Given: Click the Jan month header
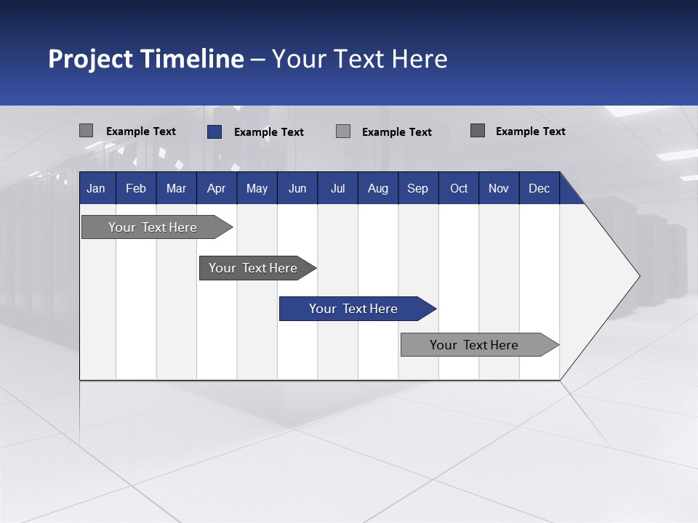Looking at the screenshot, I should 97,188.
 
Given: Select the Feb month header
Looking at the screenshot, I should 136,188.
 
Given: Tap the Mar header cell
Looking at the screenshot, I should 176,188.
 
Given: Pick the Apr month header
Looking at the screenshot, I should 217,188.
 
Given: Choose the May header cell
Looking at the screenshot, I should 257,188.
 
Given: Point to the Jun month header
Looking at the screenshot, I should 297,188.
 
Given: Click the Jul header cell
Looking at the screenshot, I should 337,188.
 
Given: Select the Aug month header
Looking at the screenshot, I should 378,188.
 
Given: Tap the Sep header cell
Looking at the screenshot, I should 418,188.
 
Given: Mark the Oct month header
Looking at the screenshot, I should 459,188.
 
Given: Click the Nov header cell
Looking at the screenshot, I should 499,188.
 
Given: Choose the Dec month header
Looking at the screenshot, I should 539,188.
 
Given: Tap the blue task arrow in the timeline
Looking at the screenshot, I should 354,309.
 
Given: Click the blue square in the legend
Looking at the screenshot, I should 214,131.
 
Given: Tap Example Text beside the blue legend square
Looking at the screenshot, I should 269,132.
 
